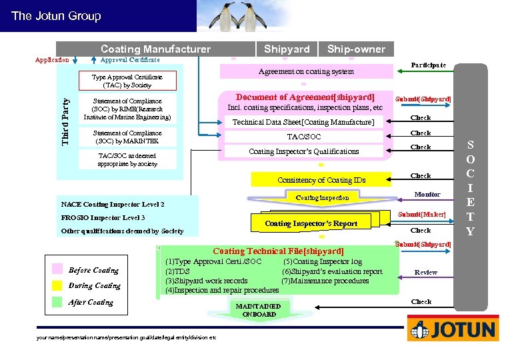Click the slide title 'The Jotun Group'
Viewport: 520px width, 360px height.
pos(56,16)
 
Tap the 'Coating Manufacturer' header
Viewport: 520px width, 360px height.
pos(155,49)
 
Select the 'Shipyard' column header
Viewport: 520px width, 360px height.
pos(287,49)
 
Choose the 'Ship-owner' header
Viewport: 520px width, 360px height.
pos(356,49)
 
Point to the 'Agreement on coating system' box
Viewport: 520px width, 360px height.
pos(306,71)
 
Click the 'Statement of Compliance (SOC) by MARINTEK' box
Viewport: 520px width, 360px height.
pos(127,137)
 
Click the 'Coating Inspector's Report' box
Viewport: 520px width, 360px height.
pos(311,223)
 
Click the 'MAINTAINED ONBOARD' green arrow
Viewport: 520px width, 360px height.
pos(259,310)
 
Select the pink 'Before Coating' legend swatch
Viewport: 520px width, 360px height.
pos(57,270)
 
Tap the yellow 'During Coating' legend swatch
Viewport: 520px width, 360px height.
pos(57,285)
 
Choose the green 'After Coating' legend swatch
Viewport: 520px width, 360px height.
pos(57,302)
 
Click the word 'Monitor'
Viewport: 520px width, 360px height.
pos(427,194)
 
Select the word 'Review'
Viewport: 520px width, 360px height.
pos(425,272)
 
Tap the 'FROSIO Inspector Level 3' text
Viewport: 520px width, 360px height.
pos(103,218)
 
